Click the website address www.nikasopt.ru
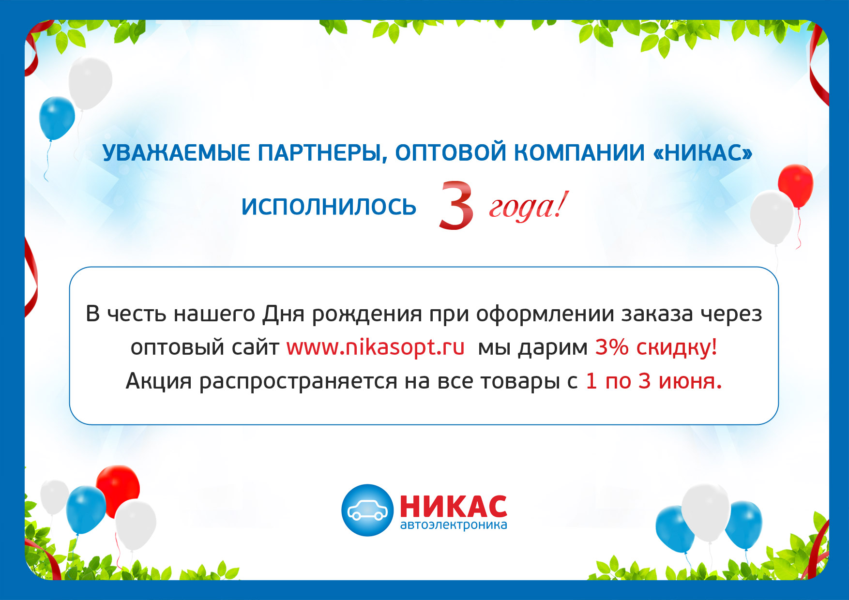(x=375, y=348)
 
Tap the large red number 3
(x=456, y=205)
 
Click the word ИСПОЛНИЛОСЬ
(x=329, y=207)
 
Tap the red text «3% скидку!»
(x=656, y=348)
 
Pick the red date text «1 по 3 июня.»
(x=653, y=381)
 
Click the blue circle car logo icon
(x=367, y=510)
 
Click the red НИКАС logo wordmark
(x=454, y=507)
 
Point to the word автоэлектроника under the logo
(x=454, y=525)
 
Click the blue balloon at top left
(x=57, y=118)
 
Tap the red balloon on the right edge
(x=796, y=186)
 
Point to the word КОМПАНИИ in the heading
(x=579, y=153)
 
